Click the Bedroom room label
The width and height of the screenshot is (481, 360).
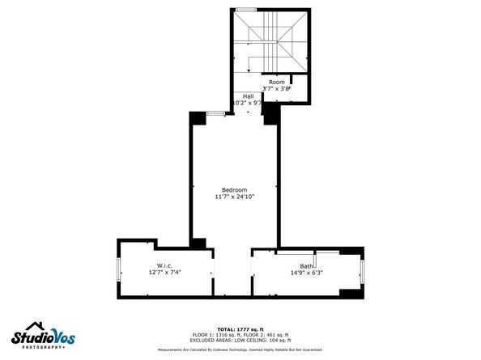(235, 189)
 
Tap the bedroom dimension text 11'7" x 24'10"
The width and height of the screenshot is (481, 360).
(235, 197)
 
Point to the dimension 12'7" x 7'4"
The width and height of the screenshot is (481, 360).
(164, 273)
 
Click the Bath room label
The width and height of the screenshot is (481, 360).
(306, 266)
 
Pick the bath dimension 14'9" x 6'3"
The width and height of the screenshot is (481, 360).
(306, 273)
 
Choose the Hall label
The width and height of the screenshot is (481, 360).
(248, 96)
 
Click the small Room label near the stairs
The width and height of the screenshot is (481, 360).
(277, 82)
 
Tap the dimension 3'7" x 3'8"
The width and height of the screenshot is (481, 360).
(277, 89)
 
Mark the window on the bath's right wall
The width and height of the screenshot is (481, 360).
(362, 272)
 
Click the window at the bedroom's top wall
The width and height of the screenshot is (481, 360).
(216, 113)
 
